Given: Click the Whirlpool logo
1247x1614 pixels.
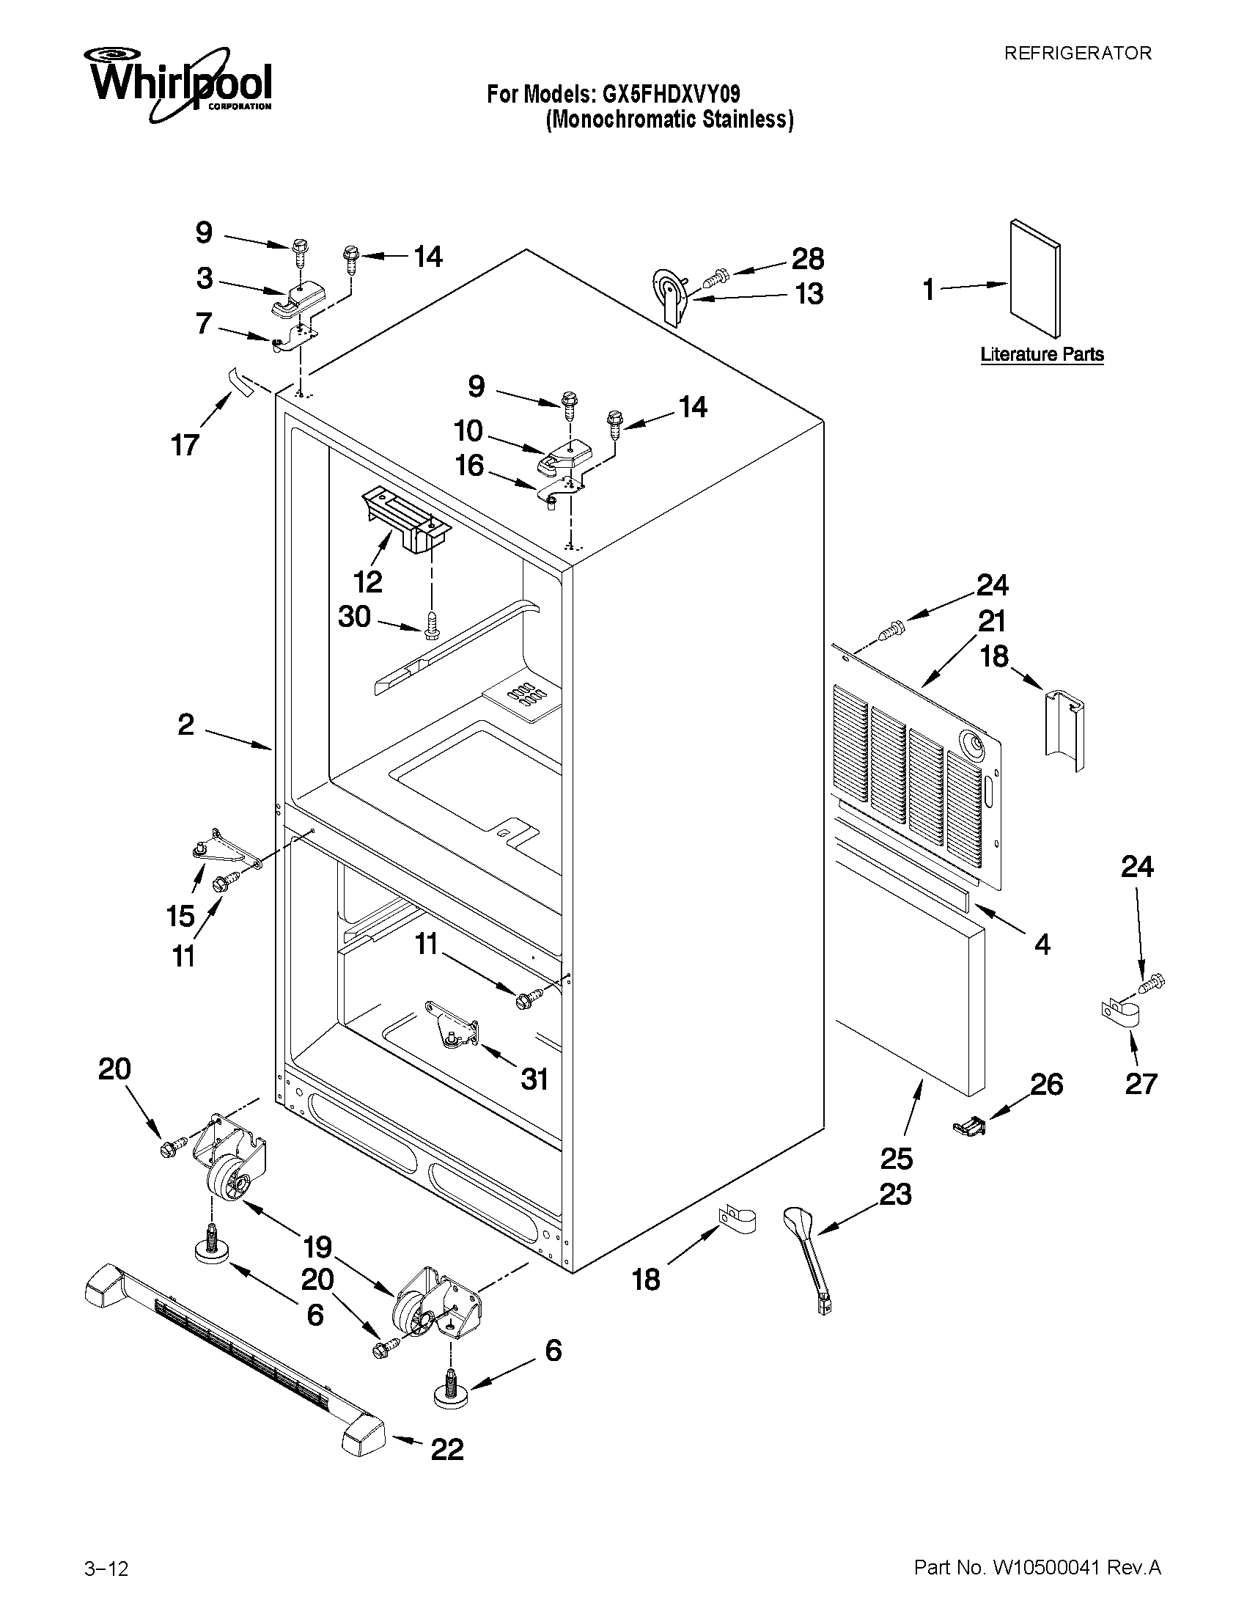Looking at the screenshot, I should point(180,83).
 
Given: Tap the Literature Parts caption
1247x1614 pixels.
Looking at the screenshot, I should point(1042,354).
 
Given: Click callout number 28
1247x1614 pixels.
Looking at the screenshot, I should point(807,259).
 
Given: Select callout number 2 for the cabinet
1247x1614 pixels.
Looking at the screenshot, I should point(186,725).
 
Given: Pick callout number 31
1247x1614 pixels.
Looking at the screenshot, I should point(534,1079).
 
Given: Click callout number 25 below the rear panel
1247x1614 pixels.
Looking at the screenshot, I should point(896,1158).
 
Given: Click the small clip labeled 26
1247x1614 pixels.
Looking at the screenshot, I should point(969,1126).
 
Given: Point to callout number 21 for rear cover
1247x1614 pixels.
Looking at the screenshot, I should point(992,621).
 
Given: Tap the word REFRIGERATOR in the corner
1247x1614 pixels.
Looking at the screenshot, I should point(1077,54).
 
